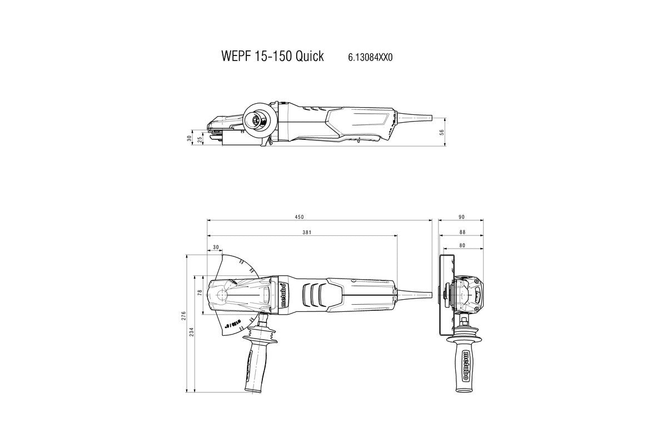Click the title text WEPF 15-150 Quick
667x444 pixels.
click(272, 57)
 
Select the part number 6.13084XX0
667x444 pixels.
click(370, 57)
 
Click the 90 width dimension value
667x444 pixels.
click(461, 216)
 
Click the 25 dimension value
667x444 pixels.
click(200, 140)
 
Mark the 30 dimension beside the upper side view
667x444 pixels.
click(189, 138)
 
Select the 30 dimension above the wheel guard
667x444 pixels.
click(215, 248)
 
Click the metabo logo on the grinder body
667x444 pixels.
click(283, 292)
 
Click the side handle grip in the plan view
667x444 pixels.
click(255, 361)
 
